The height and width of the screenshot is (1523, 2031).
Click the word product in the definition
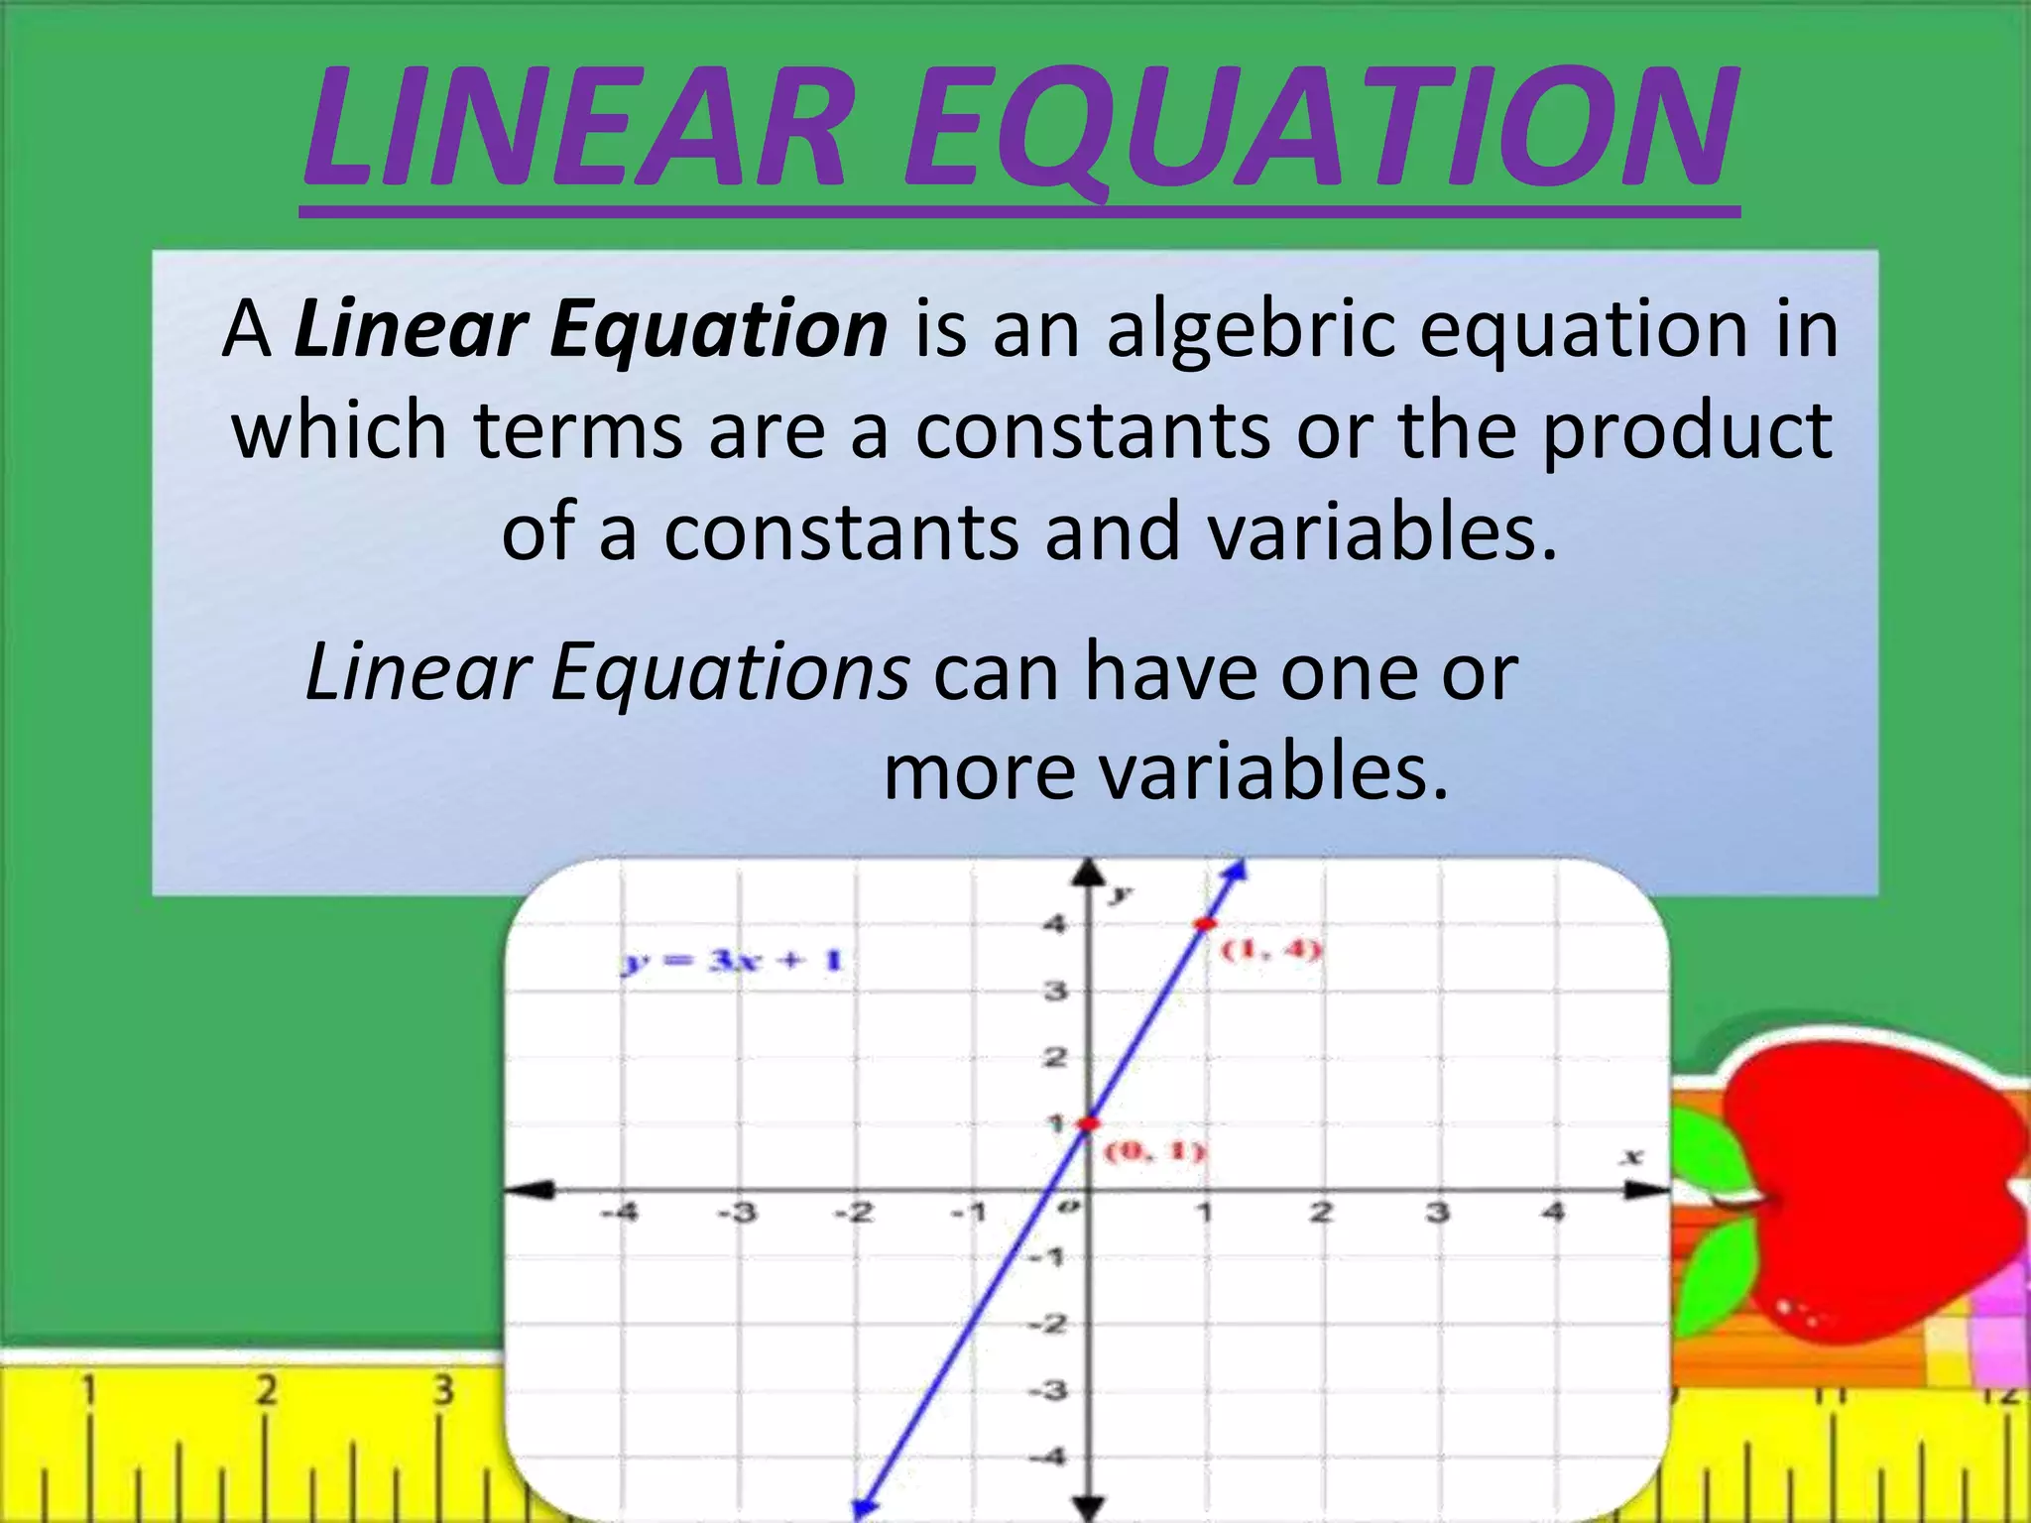1686,432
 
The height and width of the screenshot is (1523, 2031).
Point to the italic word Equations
729,672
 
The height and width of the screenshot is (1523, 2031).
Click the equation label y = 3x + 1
732,961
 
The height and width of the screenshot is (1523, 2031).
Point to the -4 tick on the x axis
621,1212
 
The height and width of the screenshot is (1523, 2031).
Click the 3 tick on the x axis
1437,1212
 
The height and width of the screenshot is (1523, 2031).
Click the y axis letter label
1121,892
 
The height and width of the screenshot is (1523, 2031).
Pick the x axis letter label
1631,1156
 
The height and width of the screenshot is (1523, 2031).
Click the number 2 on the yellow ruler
266,1390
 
